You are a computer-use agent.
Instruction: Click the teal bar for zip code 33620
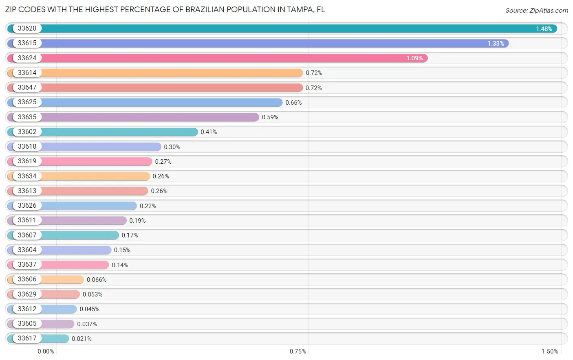point(285,29)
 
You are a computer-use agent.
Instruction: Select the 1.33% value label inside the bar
point(496,44)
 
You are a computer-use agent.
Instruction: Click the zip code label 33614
point(27,73)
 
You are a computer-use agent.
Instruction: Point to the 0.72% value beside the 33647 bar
point(314,88)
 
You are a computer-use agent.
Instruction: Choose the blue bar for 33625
point(163,103)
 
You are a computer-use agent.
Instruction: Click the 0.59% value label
point(270,117)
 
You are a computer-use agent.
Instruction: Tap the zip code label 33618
point(27,147)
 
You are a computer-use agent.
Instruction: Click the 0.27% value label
point(163,162)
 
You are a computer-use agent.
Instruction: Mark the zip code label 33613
point(27,191)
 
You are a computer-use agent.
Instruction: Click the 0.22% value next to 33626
point(148,206)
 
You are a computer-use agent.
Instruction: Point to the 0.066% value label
point(97,280)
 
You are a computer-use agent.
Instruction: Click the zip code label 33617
point(27,338)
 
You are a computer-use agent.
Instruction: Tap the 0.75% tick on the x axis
point(298,351)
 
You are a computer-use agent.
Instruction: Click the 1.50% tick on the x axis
point(550,351)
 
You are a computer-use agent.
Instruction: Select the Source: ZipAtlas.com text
point(536,11)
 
